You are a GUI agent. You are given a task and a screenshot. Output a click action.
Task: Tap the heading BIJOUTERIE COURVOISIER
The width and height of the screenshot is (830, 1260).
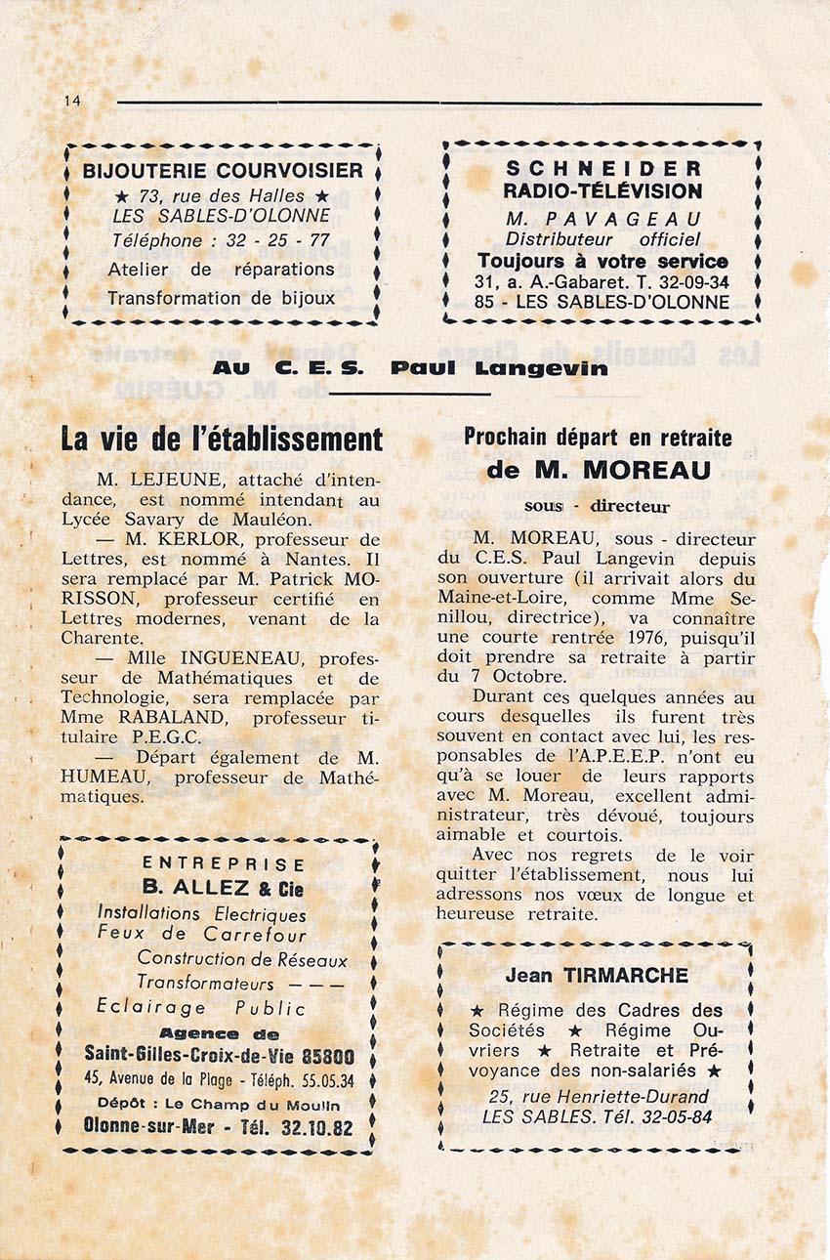(223, 171)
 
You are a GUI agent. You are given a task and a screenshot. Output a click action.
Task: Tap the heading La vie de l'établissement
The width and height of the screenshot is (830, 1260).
(222, 440)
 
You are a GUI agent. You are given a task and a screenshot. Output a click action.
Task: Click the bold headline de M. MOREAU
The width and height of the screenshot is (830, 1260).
(598, 470)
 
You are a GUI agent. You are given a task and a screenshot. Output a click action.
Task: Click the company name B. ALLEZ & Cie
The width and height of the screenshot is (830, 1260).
(224, 889)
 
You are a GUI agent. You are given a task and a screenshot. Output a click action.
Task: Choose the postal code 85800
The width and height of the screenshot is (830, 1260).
(328, 1057)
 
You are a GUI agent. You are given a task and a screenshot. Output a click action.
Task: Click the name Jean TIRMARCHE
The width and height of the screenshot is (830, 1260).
(597, 976)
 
